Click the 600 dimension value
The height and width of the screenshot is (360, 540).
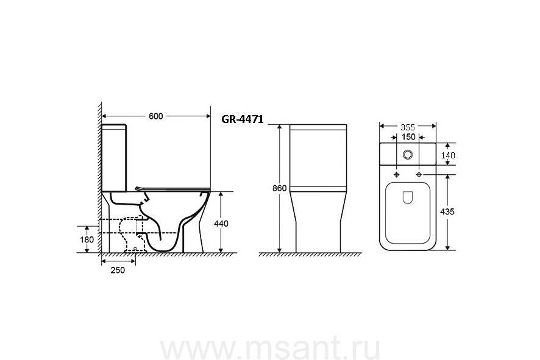point(155,116)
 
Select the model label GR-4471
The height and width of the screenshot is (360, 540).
point(243,119)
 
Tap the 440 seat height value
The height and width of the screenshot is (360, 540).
point(221,224)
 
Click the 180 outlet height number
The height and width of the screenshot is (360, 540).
point(87,239)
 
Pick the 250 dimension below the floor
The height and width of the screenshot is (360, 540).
point(118,270)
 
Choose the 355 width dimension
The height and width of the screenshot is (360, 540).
point(408,127)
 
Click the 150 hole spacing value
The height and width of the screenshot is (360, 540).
point(408,137)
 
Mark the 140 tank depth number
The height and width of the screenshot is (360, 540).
point(448,155)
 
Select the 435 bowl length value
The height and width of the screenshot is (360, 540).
point(447,211)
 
